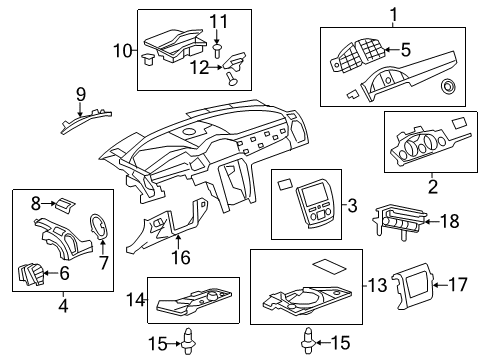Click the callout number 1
[393, 14]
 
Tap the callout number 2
[432, 185]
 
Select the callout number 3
[352, 206]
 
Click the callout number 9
[81, 95]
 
